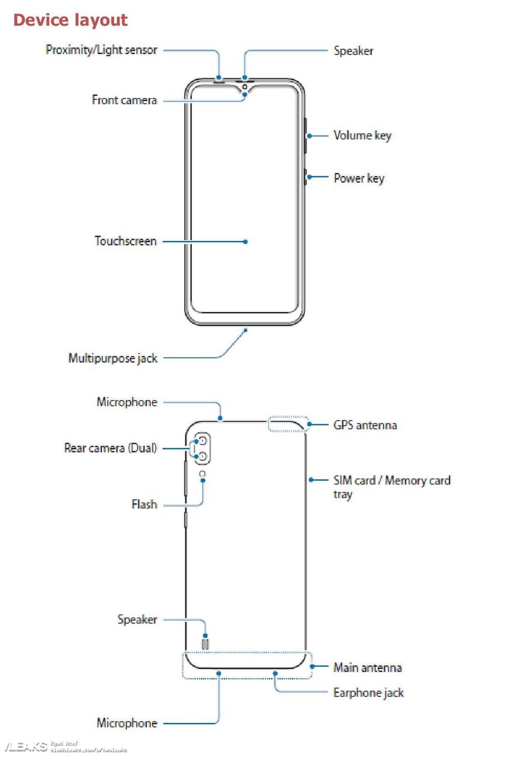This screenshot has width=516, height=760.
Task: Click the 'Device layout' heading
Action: [70, 20]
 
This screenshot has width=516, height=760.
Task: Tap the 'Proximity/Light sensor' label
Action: [101, 50]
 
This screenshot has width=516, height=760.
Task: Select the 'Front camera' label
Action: [124, 100]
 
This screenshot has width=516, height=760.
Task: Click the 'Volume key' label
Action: [362, 136]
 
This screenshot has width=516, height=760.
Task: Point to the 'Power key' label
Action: [359, 178]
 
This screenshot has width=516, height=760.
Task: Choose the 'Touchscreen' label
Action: [126, 241]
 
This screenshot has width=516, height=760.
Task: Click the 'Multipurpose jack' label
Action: [113, 358]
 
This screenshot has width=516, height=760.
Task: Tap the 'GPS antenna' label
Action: [365, 425]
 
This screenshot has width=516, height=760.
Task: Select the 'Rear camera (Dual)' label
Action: [110, 448]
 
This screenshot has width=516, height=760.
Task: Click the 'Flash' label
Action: [144, 505]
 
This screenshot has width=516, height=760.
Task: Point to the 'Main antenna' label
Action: [367, 668]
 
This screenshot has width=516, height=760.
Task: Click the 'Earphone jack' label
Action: [368, 692]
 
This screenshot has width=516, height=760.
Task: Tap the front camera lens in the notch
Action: [245, 87]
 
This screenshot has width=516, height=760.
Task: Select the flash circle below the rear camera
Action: [203, 474]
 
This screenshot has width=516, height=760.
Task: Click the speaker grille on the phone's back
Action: [205, 644]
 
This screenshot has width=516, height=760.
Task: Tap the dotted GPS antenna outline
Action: [288, 424]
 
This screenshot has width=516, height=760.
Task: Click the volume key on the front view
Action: [305, 136]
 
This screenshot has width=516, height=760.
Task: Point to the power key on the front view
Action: [305, 177]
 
